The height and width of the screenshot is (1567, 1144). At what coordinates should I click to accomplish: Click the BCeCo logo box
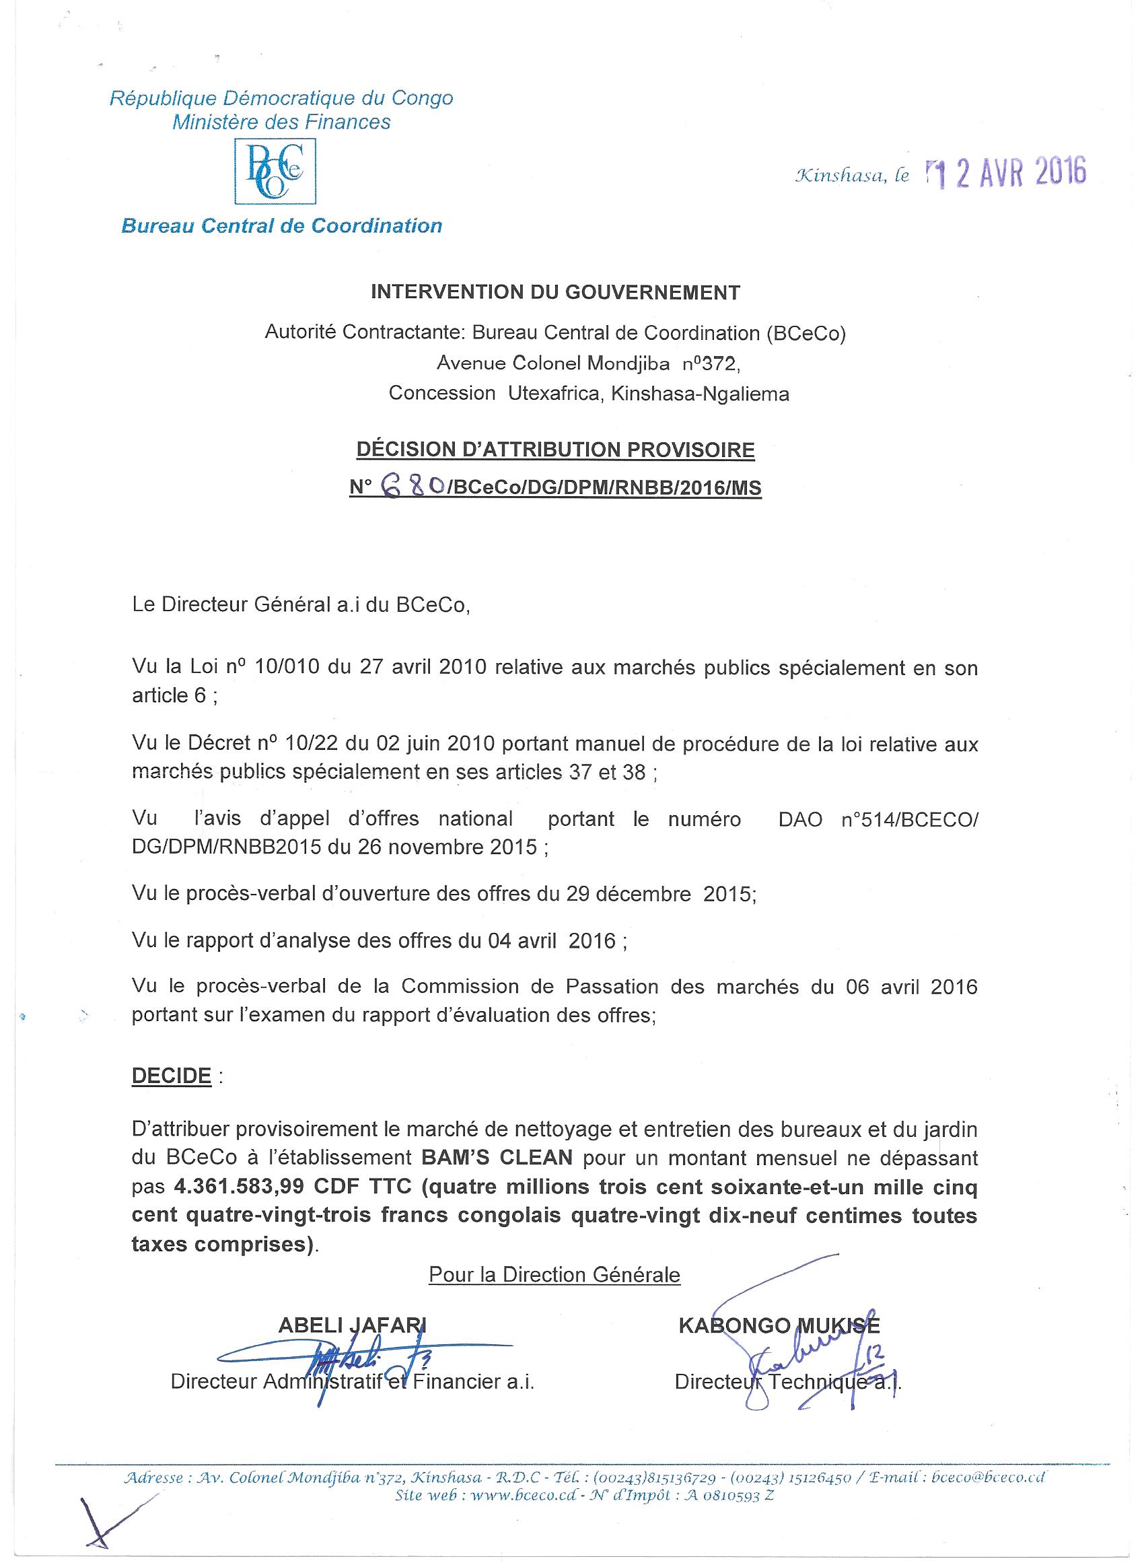tap(276, 171)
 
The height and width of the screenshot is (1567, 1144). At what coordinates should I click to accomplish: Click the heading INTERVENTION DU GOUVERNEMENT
tap(555, 292)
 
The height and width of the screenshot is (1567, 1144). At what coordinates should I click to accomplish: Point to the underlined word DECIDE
tap(172, 1076)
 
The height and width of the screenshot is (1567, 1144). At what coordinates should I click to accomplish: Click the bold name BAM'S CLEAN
tap(497, 1158)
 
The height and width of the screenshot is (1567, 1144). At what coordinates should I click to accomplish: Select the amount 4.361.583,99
tap(240, 1187)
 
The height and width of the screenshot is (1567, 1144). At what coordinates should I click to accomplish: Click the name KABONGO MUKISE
tap(779, 1326)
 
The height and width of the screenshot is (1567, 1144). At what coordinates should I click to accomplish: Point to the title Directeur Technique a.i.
tap(788, 1382)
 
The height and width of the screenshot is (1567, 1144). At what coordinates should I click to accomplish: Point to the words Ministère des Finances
tap(281, 123)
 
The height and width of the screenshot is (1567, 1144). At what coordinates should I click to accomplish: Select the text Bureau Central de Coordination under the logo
tap(282, 226)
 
